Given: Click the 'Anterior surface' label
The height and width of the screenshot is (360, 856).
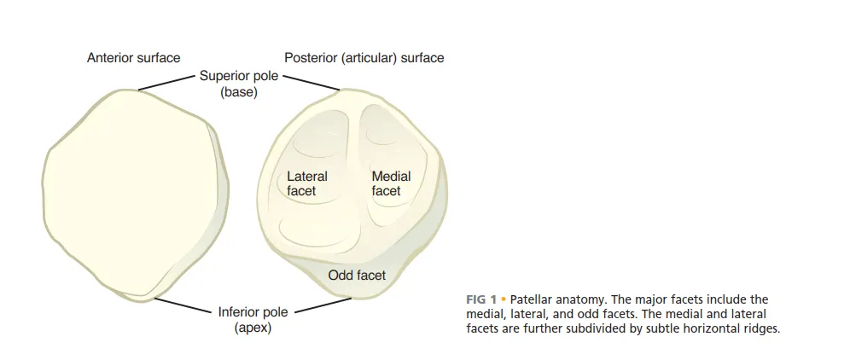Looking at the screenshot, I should (x=133, y=58).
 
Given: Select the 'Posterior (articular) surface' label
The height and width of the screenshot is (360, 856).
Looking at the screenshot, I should (x=364, y=58).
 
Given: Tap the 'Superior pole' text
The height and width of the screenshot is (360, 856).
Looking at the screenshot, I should (x=239, y=75).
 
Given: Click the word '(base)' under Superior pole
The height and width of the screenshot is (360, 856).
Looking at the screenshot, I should (x=239, y=91).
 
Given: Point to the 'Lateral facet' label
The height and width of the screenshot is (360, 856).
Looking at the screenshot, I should (x=306, y=183).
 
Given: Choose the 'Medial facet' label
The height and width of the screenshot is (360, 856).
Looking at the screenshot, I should (x=391, y=183).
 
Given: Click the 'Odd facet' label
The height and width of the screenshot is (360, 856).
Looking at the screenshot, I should (x=357, y=275).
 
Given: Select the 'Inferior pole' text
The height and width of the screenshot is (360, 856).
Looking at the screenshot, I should (x=253, y=312).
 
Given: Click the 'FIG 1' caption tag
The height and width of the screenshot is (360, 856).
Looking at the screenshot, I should (x=480, y=299).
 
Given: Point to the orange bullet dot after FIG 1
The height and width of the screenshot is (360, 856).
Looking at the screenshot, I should (x=504, y=299).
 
